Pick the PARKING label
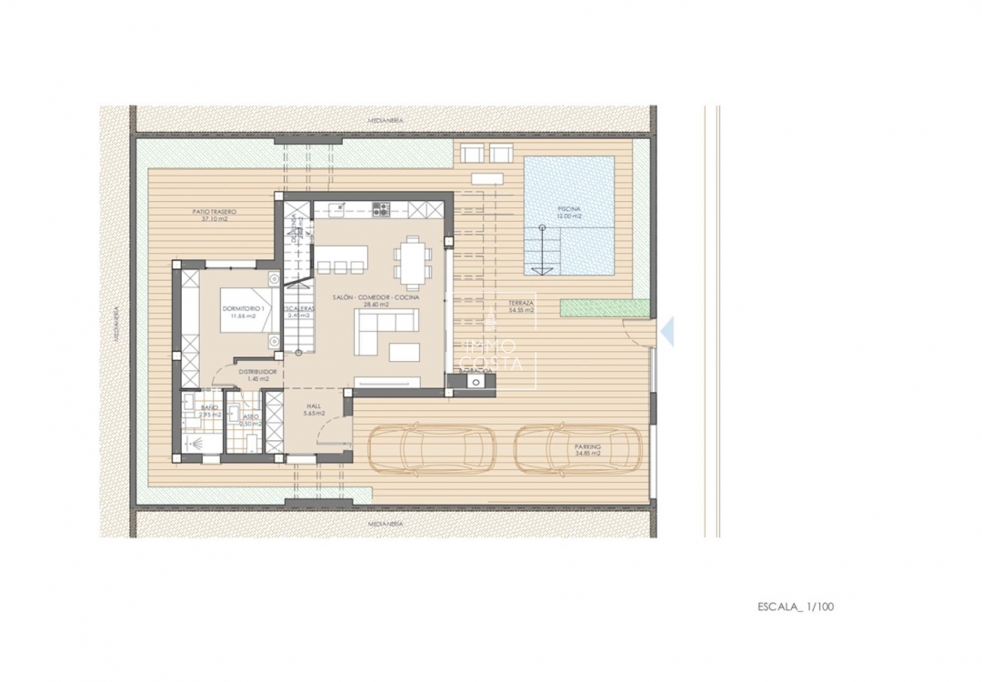pyautogui.click(x=587, y=447)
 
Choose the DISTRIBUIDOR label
pyautogui.click(x=257, y=373)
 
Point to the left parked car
pyautogui.click(x=431, y=447)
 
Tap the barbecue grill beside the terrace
pyautogui.click(x=476, y=382)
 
